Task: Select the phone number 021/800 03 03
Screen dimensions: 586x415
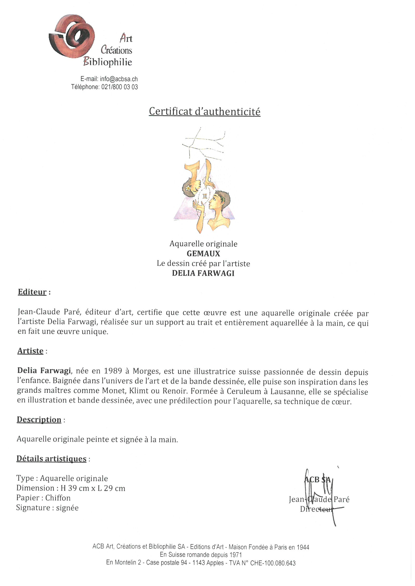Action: (120, 87)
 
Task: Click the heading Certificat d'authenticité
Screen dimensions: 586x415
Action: (204, 112)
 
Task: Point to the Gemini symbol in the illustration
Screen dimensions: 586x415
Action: (205, 196)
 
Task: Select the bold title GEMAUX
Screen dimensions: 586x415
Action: (203, 254)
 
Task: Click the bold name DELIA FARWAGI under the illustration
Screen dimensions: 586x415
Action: (203, 273)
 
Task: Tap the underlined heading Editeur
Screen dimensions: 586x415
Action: (32, 292)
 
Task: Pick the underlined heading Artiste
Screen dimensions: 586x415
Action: (30, 351)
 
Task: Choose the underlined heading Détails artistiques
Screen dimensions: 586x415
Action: (51, 459)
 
